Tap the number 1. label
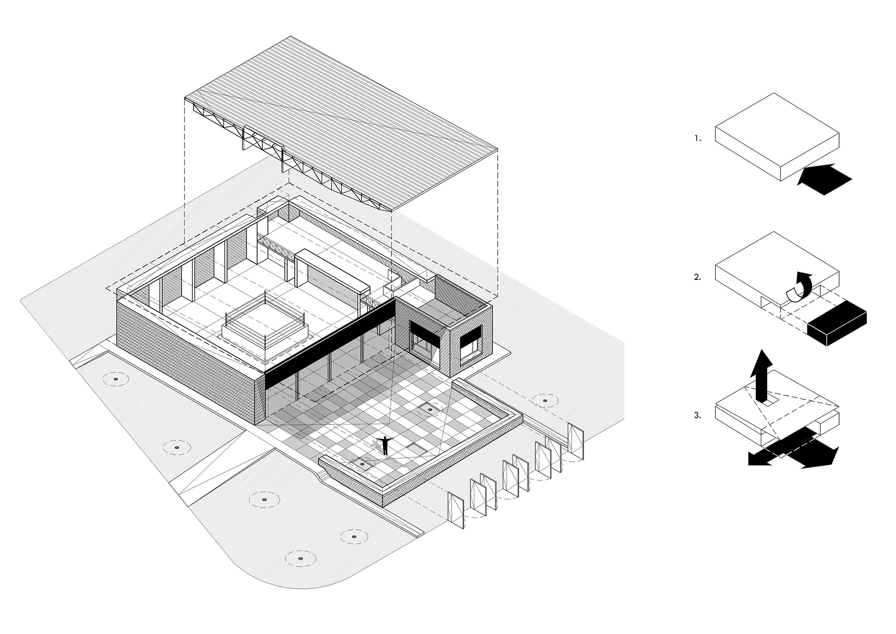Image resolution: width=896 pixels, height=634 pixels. point(698,139)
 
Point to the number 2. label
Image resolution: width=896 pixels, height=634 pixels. point(698,277)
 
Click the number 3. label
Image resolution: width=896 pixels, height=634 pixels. point(698,416)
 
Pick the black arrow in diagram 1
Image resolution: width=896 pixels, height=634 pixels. point(824,179)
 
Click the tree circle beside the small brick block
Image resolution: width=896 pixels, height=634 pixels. point(545,401)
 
